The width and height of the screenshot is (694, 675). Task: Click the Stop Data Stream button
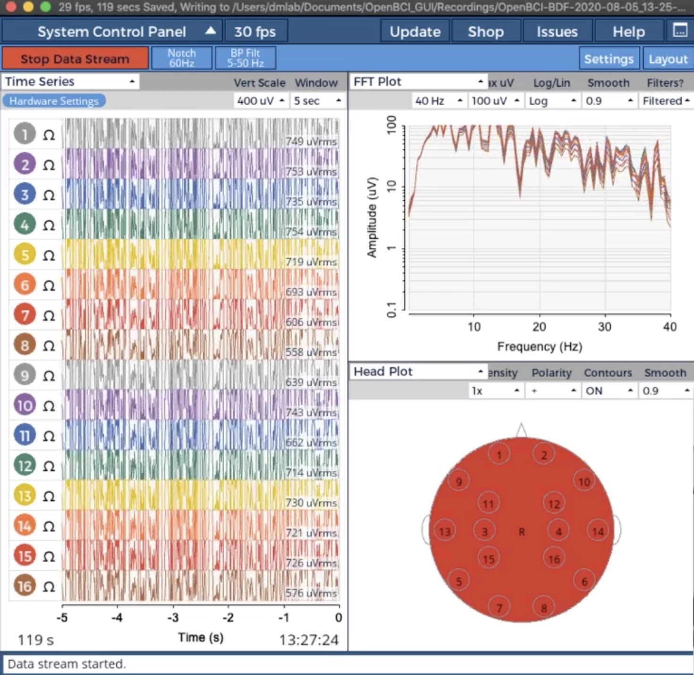75,59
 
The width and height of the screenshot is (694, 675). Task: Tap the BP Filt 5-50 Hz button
245,58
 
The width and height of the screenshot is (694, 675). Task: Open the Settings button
609,59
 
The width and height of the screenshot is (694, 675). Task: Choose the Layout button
668,59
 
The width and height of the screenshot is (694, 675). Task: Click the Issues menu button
557,32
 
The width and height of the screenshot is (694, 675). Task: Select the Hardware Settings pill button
54,101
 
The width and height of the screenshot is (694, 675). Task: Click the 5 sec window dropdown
317,101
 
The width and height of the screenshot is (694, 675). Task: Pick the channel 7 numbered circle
25,315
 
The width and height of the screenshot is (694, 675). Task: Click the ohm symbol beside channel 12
49,466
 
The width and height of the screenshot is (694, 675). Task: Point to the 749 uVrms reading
311,141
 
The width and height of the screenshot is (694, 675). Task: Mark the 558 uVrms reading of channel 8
311,352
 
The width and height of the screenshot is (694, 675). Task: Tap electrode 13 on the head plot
445,532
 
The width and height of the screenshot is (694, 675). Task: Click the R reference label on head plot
522,532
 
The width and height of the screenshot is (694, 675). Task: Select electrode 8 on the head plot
544,608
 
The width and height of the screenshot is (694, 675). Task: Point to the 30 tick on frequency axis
605,327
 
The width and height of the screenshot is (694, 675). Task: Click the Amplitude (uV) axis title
372,217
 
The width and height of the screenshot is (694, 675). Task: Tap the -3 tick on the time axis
173,617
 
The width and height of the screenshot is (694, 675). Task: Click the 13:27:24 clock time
309,640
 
